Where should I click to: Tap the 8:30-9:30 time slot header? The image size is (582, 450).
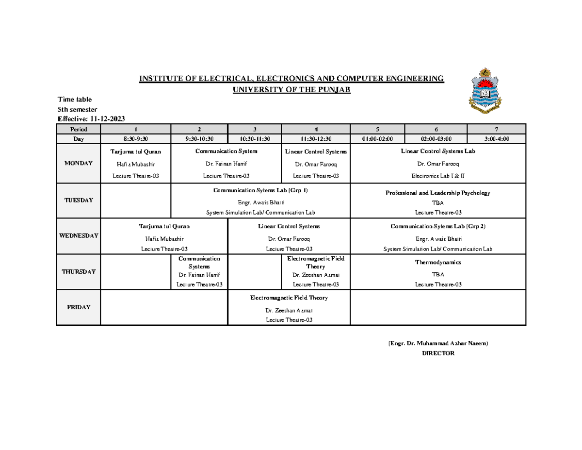tap(136, 138)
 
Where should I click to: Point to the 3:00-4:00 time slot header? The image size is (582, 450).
tap(496, 138)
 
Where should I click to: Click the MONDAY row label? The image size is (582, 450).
tap(79, 163)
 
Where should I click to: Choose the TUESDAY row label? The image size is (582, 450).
tap(79, 200)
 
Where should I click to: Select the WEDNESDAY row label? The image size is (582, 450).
tap(79, 235)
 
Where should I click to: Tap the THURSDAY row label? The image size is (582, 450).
tap(79, 272)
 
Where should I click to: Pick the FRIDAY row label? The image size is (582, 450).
tap(79, 307)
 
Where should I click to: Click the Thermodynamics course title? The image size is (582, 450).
tap(437, 262)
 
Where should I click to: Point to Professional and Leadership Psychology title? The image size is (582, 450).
tap(437, 193)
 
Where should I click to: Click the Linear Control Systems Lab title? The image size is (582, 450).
tap(437, 151)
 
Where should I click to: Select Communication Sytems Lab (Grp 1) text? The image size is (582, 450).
tap(260, 190)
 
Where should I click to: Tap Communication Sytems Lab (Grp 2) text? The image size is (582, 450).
tap(437, 226)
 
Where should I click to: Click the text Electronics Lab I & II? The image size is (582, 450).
tap(437, 176)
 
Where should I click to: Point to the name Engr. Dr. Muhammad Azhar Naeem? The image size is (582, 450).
tap(438, 343)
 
